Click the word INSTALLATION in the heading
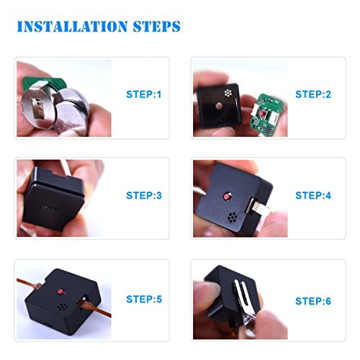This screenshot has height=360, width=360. (72, 27)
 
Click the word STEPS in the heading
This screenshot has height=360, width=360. (157, 27)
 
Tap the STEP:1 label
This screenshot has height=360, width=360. (144, 94)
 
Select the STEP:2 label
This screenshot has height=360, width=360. (313, 94)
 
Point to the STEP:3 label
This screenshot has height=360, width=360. (144, 195)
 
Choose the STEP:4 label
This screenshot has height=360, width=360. (313, 195)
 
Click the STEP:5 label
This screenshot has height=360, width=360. (144, 299)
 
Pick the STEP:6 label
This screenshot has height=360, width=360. (313, 301)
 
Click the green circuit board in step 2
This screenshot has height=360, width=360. (267, 114)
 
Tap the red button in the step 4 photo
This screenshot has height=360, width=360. (227, 197)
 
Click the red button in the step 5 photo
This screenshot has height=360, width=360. (60, 292)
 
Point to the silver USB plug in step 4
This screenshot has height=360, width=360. (260, 207)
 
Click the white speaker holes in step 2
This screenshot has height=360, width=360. (228, 93)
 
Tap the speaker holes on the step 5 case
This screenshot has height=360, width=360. (63, 307)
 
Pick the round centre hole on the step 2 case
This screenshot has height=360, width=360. (219, 106)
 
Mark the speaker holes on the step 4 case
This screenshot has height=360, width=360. (232, 217)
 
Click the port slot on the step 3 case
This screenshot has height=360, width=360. (49, 208)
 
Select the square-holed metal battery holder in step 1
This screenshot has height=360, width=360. (38, 107)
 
